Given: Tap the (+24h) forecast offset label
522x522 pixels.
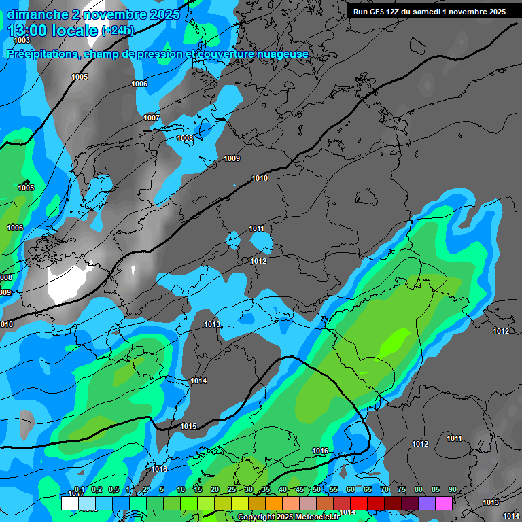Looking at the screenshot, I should click(118, 31).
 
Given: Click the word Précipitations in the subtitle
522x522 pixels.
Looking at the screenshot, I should click(41, 54).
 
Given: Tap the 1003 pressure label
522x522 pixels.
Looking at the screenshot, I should click(22, 41).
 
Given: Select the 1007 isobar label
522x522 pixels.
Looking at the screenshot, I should click(152, 118).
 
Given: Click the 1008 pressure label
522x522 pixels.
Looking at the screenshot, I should click(185, 138).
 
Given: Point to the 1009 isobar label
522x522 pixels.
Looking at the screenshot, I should click(232, 158).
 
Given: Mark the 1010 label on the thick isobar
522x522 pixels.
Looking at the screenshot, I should click(260, 178).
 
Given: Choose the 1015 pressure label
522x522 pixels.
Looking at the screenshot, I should click(188, 426).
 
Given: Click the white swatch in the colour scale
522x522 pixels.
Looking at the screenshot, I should click(69, 503).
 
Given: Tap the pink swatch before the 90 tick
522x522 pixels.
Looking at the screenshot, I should click(444, 503).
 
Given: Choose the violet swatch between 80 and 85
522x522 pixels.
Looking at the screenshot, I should click(427, 503).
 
